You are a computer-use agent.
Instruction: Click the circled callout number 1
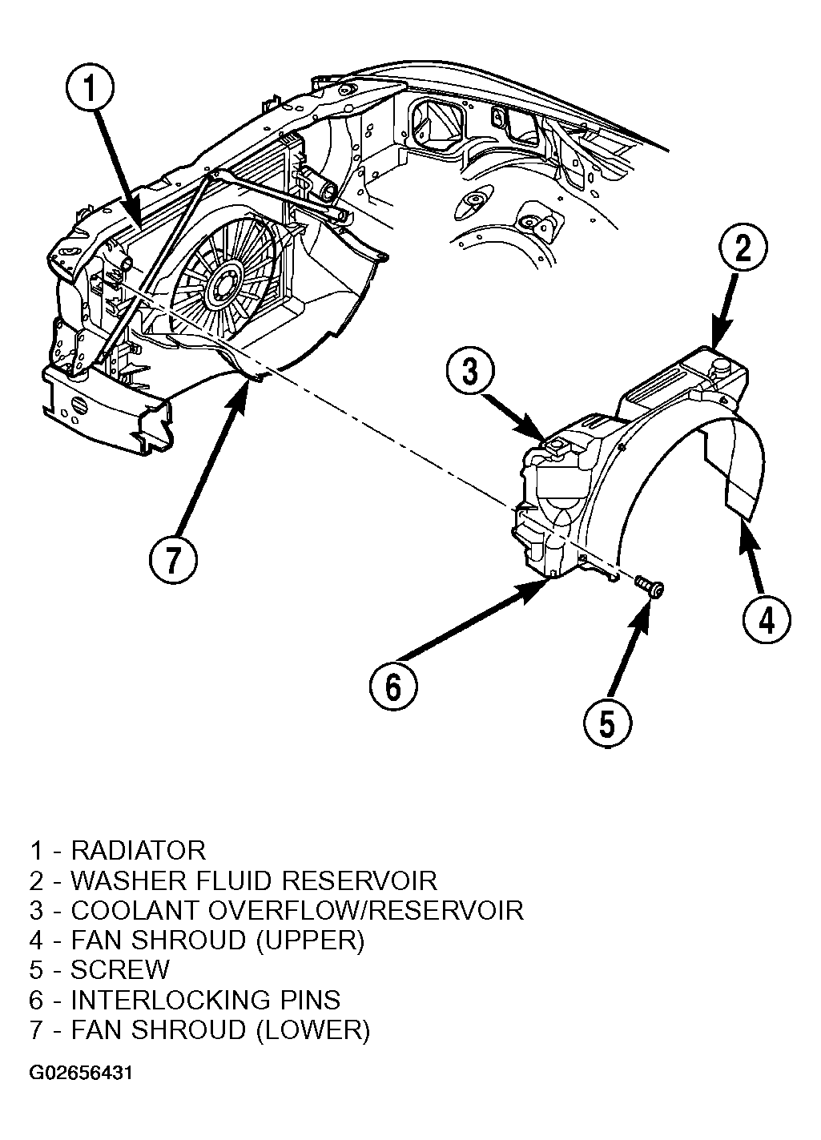pyautogui.click(x=90, y=89)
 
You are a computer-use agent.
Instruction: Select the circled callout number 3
pyautogui.click(x=470, y=370)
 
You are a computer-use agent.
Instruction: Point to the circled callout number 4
pyautogui.click(x=767, y=620)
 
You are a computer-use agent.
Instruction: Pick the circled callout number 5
pyautogui.click(x=607, y=723)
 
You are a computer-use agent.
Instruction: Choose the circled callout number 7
pyautogui.click(x=173, y=559)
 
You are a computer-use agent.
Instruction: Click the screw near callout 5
pyautogui.click(x=650, y=587)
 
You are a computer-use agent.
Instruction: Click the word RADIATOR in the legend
pyautogui.click(x=138, y=851)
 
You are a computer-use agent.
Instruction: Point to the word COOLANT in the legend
pyautogui.click(x=135, y=911)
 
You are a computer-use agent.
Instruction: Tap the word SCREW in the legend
pyautogui.click(x=119, y=969)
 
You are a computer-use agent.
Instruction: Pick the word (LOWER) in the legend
pyautogui.click(x=313, y=1030)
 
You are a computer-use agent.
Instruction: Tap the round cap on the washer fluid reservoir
pyautogui.click(x=720, y=364)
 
